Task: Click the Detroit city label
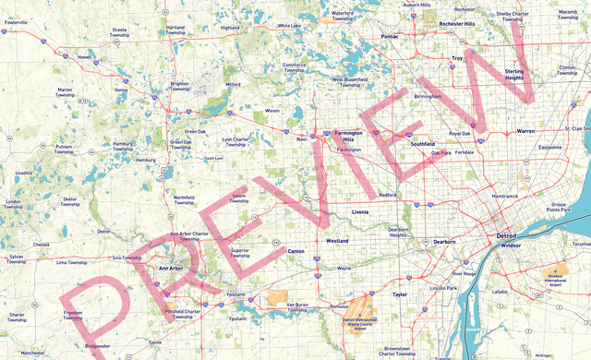click(507, 235)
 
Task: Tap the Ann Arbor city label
click(172, 268)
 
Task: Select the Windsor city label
click(512, 246)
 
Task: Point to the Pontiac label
click(390, 36)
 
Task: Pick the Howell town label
click(85, 56)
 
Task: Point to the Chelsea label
click(41, 245)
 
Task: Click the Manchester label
click(32, 353)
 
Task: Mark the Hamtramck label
click(505, 196)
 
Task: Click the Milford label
click(233, 84)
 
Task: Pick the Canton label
click(296, 250)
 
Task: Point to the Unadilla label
click(24, 173)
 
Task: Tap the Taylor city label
click(399, 294)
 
